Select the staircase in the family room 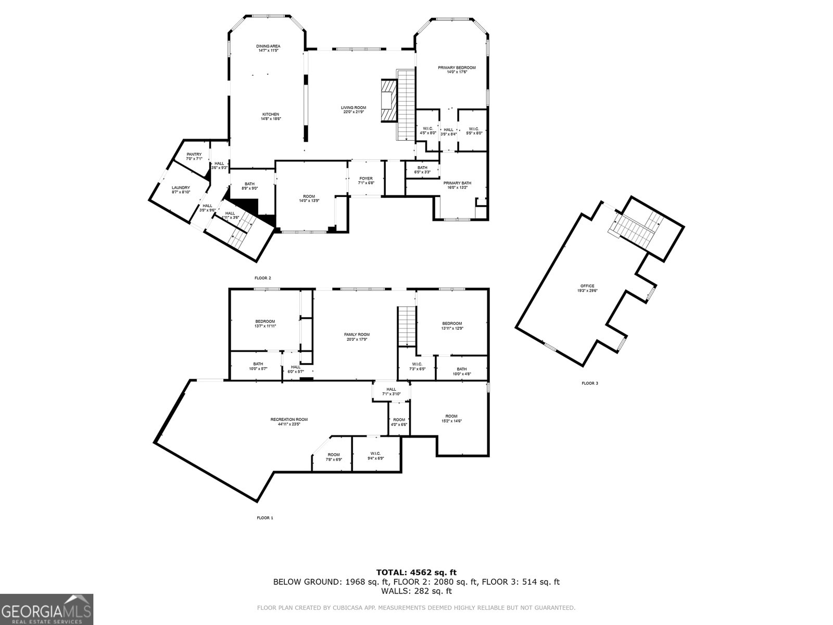click(407, 326)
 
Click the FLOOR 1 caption click(264, 518)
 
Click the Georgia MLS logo click(46, 609)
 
